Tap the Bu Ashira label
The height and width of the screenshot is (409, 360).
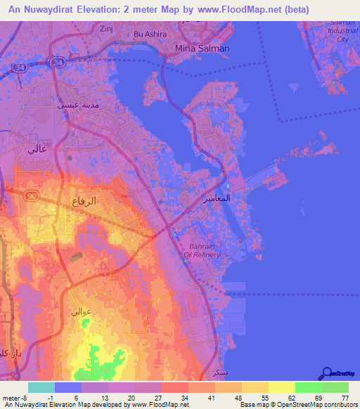click(148, 34)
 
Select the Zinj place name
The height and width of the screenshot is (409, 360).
click(107, 29)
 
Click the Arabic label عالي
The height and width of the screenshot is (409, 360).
click(34, 148)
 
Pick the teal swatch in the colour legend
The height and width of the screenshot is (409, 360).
click(41, 387)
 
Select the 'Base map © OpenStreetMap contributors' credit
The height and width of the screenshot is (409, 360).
click(298, 405)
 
